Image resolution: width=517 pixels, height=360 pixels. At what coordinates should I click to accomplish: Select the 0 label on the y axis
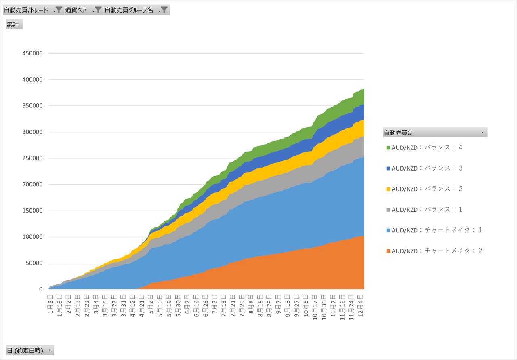(40, 289)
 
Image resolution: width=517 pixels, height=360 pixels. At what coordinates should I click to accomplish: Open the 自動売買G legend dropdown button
(482, 133)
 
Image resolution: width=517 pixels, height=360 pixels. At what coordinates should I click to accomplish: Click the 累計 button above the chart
(14, 25)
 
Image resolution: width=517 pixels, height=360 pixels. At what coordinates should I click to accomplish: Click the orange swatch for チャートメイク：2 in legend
(388, 251)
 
